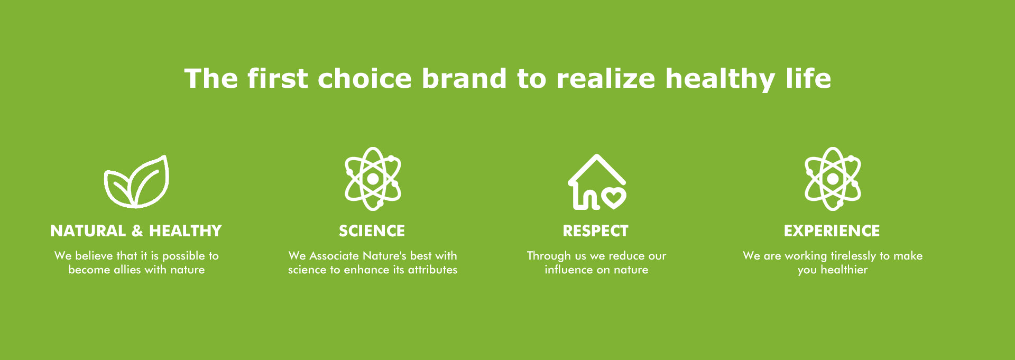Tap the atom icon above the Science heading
[373, 179]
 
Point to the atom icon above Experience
[833, 179]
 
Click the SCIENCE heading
[372, 231]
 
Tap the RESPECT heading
[596, 231]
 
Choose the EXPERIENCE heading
[832, 231]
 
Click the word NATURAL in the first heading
[88, 231]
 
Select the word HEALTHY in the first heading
[186, 231]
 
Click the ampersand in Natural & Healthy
[137, 231]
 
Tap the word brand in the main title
[464, 78]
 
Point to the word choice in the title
[364, 78]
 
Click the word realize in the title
[606, 78]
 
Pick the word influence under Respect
[569, 270]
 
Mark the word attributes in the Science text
[432, 270]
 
